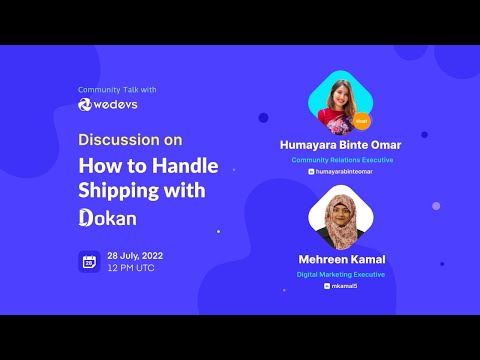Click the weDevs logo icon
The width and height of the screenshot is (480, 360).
pyautogui.click(x=85, y=104)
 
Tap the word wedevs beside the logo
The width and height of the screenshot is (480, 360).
pyautogui.click(x=118, y=104)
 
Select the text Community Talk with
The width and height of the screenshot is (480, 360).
pyautogui.click(x=118, y=90)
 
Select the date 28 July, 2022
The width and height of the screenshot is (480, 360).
pyautogui.click(x=135, y=256)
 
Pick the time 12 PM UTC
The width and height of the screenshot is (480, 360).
pyautogui.click(x=130, y=269)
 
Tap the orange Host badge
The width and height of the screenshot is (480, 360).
pyautogui.click(x=361, y=121)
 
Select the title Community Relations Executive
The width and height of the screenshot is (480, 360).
pyautogui.click(x=342, y=160)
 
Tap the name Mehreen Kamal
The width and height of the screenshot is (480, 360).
pyautogui.click(x=342, y=260)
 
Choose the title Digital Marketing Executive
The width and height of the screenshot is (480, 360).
pyautogui.click(x=342, y=274)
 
